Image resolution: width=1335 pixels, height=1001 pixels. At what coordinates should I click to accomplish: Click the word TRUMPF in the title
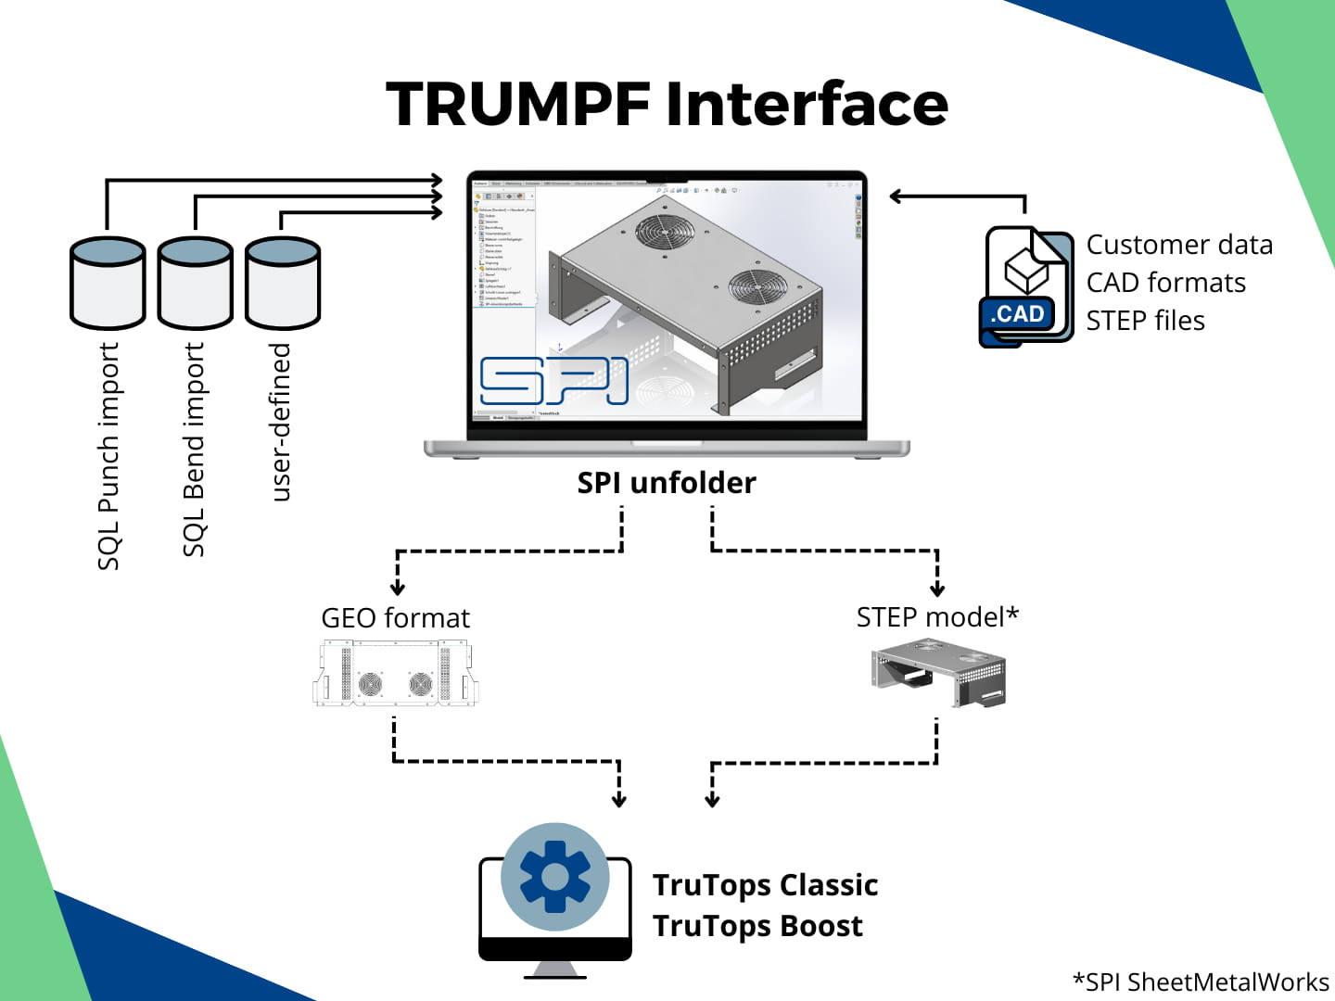click(x=518, y=104)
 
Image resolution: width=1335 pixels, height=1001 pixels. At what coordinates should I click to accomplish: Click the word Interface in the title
click(x=807, y=104)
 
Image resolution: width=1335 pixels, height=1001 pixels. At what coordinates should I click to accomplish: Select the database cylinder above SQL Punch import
click(x=108, y=283)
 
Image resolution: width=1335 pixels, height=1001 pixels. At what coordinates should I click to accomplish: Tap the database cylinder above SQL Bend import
click(x=195, y=283)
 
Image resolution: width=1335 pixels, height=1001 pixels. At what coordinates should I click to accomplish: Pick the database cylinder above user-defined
click(x=283, y=283)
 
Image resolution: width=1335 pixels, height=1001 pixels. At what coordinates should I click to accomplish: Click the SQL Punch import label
click(x=108, y=456)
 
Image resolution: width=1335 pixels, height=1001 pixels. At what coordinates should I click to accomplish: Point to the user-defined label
click(x=280, y=422)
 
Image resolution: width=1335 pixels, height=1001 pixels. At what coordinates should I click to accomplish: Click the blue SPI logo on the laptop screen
click(x=553, y=381)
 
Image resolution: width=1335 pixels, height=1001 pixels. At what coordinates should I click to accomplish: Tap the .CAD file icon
click(x=1025, y=286)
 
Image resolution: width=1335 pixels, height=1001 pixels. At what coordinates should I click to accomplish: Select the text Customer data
click(x=1179, y=245)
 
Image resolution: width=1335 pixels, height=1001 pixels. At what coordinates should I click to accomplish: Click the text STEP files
click(x=1145, y=321)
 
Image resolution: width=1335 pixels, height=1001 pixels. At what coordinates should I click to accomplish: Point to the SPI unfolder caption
click(x=667, y=483)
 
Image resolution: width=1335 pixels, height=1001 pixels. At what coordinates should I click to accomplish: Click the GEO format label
click(x=395, y=618)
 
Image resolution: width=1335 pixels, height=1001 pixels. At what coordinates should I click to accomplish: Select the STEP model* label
click(x=937, y=617)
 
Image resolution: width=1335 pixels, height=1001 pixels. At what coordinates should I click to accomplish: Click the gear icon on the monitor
click(x=554, y=877)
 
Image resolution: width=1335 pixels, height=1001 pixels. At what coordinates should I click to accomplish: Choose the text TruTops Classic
click(x=765, y=885)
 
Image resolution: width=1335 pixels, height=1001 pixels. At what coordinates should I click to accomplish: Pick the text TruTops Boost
click(x=757, y=926)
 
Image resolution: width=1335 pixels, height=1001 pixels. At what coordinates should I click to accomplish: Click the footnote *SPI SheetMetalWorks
click(x=1201, y=982)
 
